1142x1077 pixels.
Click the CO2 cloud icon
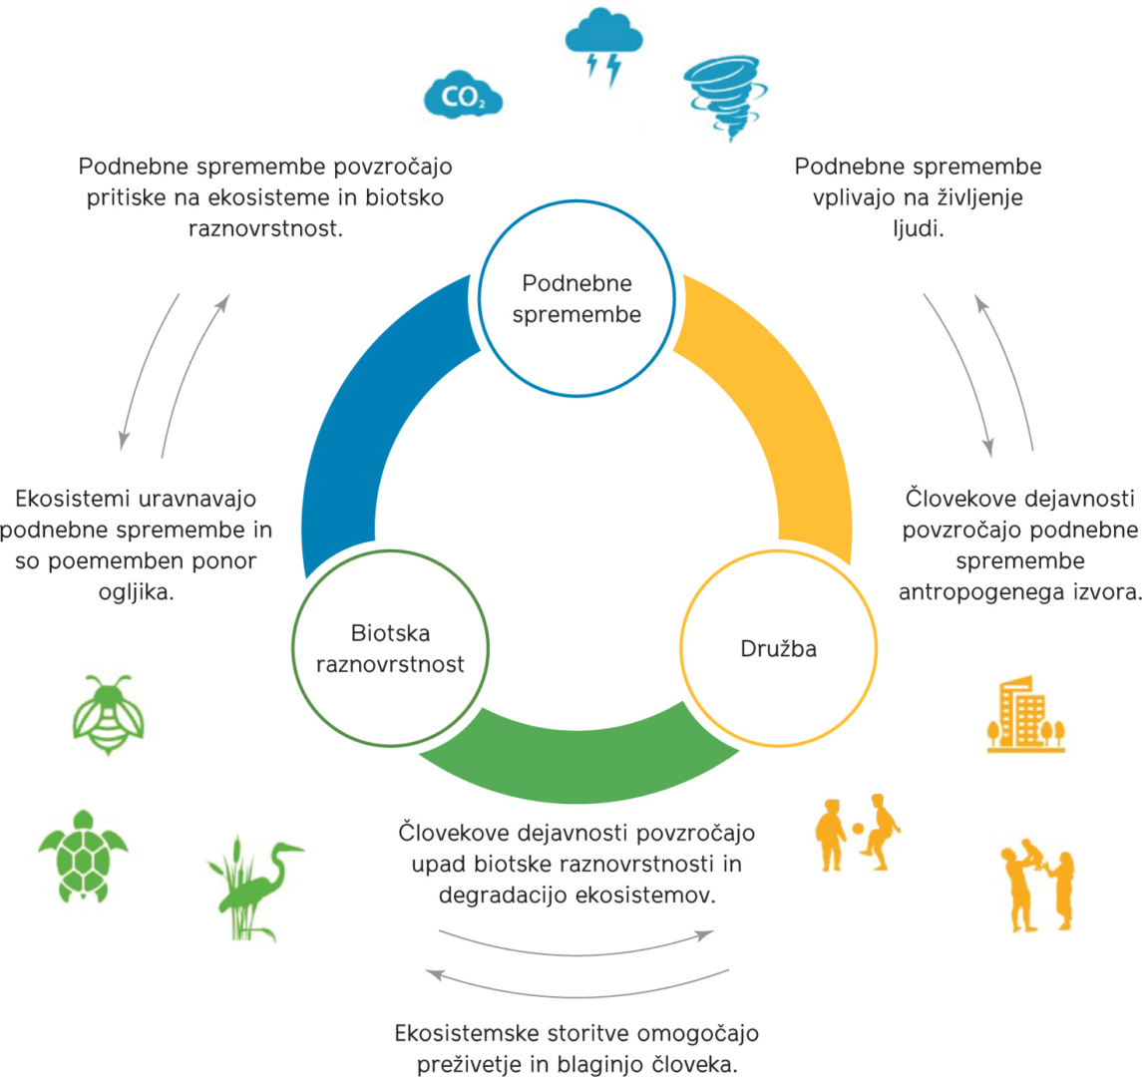tap(462, 96)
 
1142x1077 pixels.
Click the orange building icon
tap(1016, 714)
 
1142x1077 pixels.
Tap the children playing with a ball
tap(857, 830)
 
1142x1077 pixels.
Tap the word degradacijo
tap(502, 894)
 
